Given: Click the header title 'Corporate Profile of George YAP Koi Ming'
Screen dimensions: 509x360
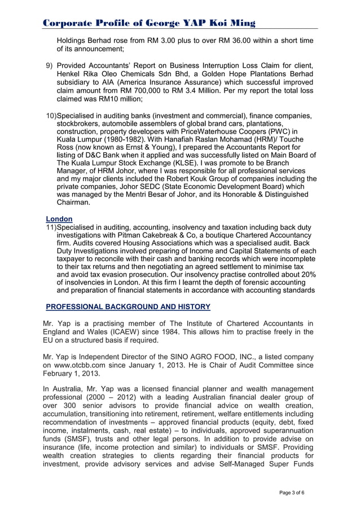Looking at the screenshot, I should [x=150, y=23].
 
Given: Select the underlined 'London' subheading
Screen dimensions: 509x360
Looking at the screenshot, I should [x=59, y=219].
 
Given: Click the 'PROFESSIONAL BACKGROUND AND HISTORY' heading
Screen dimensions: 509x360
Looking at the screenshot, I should [x=128, y=307].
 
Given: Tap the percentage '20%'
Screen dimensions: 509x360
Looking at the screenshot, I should [x=307, y=274].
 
